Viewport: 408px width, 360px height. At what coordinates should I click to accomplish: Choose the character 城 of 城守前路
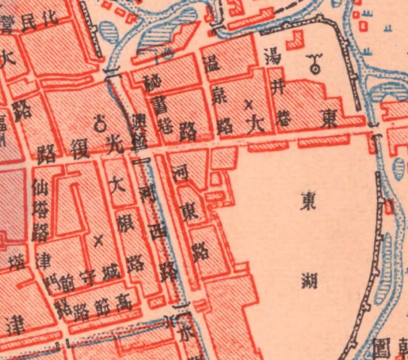pyautogui.click(x=111, y=269)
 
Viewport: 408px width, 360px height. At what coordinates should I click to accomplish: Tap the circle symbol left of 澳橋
pyautogui.click(x=101, y=122)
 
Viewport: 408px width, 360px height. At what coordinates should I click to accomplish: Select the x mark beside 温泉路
pyautogui.click(x=249, y=105)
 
